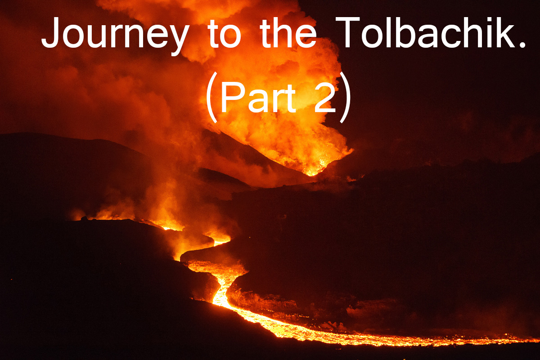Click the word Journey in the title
pos(115,36)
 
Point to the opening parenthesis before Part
pos(210,97)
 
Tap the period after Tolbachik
pos(522,45)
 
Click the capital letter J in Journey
pos(50,32)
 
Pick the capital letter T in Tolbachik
pos(347,32)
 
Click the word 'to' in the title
pos(224,34)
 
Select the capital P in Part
pos(232,97)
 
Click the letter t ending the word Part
pos(289,99)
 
